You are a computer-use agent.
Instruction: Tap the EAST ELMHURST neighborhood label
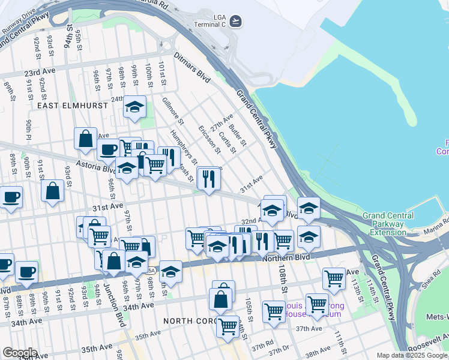pyautogui.click(x=72, y=105)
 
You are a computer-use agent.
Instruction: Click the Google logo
pyautogui.click(x=19, y=353)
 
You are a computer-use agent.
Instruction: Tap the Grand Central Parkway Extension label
pyautogui.click(x=388, y=224)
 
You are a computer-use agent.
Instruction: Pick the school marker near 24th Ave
pyautogui.click(x=134, y=107)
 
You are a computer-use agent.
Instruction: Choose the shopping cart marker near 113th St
pyautogui.click(x=334, y=278)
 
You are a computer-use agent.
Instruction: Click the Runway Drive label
pyautogui.click(x=19, y=23)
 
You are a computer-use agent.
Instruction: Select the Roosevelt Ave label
pyautogui.click(x=428, y=347)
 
